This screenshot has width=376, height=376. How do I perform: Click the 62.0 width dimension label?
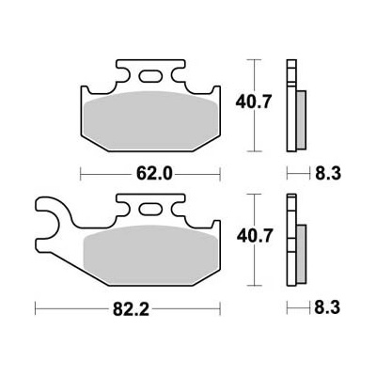pos(154,174)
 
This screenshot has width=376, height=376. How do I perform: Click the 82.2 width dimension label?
pos(131,309)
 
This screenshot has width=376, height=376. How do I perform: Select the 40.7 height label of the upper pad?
pos(253,102)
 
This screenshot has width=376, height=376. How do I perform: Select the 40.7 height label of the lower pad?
pos(254,236)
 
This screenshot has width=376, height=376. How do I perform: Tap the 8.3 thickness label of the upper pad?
pos(328,173)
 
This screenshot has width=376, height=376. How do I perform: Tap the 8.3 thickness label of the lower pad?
pos(327,307)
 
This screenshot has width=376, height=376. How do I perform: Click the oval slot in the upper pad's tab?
pos(150,76)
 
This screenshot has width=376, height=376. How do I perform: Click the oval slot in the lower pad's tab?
pos(150,210)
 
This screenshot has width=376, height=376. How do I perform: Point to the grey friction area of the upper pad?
pos(151,120)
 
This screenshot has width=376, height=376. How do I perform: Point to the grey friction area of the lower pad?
pos(150,255)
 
